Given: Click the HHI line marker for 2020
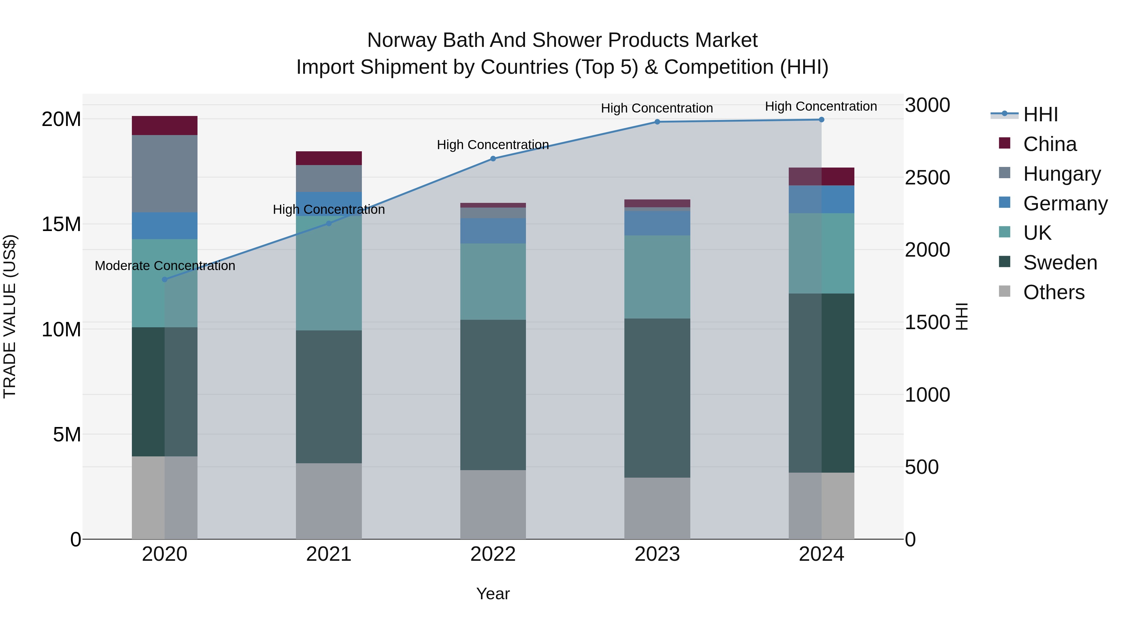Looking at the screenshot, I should [x=165, y=279].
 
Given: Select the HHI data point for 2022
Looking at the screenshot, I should [x=493, y=158].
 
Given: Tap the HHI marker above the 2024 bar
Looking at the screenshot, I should [x=822, y=120].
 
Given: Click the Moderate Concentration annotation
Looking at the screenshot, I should [x=165, y=266].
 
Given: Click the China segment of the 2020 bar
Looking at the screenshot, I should [x=165, y=126].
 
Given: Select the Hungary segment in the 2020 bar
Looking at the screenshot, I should [x=165, y=174].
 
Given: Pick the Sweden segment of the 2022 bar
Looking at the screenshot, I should [x=493, y=395].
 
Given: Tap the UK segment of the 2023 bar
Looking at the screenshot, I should [x=657, y=277].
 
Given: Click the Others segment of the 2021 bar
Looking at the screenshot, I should [x=329, y=501].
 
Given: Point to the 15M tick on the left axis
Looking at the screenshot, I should [x=61, y=224].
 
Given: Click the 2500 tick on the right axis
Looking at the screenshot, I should [x=927, y=178].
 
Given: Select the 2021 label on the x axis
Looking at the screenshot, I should [x=329, y=554].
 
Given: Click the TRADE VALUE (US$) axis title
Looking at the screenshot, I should [x=10, y=316].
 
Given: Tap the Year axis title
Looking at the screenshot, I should [x=493, y=594].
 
